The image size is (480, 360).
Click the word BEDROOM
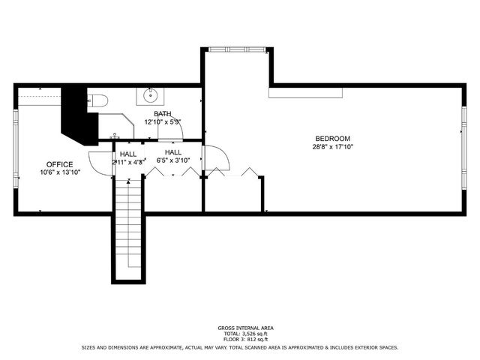click(x=332, y=139)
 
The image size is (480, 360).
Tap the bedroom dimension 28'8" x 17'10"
click(x=332, y=147)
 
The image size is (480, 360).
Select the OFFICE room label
click(x=59, y=164)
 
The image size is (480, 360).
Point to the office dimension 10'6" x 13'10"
click(x=59, y=172)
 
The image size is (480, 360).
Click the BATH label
click(x=163, y=113)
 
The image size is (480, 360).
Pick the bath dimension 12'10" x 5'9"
click(x=163, y=121)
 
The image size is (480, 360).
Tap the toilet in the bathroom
click(x=100, y=100)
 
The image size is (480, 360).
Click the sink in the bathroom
click(x=151, y=95)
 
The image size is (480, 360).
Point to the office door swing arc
click(x=98, y=161)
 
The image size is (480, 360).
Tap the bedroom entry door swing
click(x=215, y=157)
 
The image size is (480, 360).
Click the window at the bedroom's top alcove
click(x=238, y=50)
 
